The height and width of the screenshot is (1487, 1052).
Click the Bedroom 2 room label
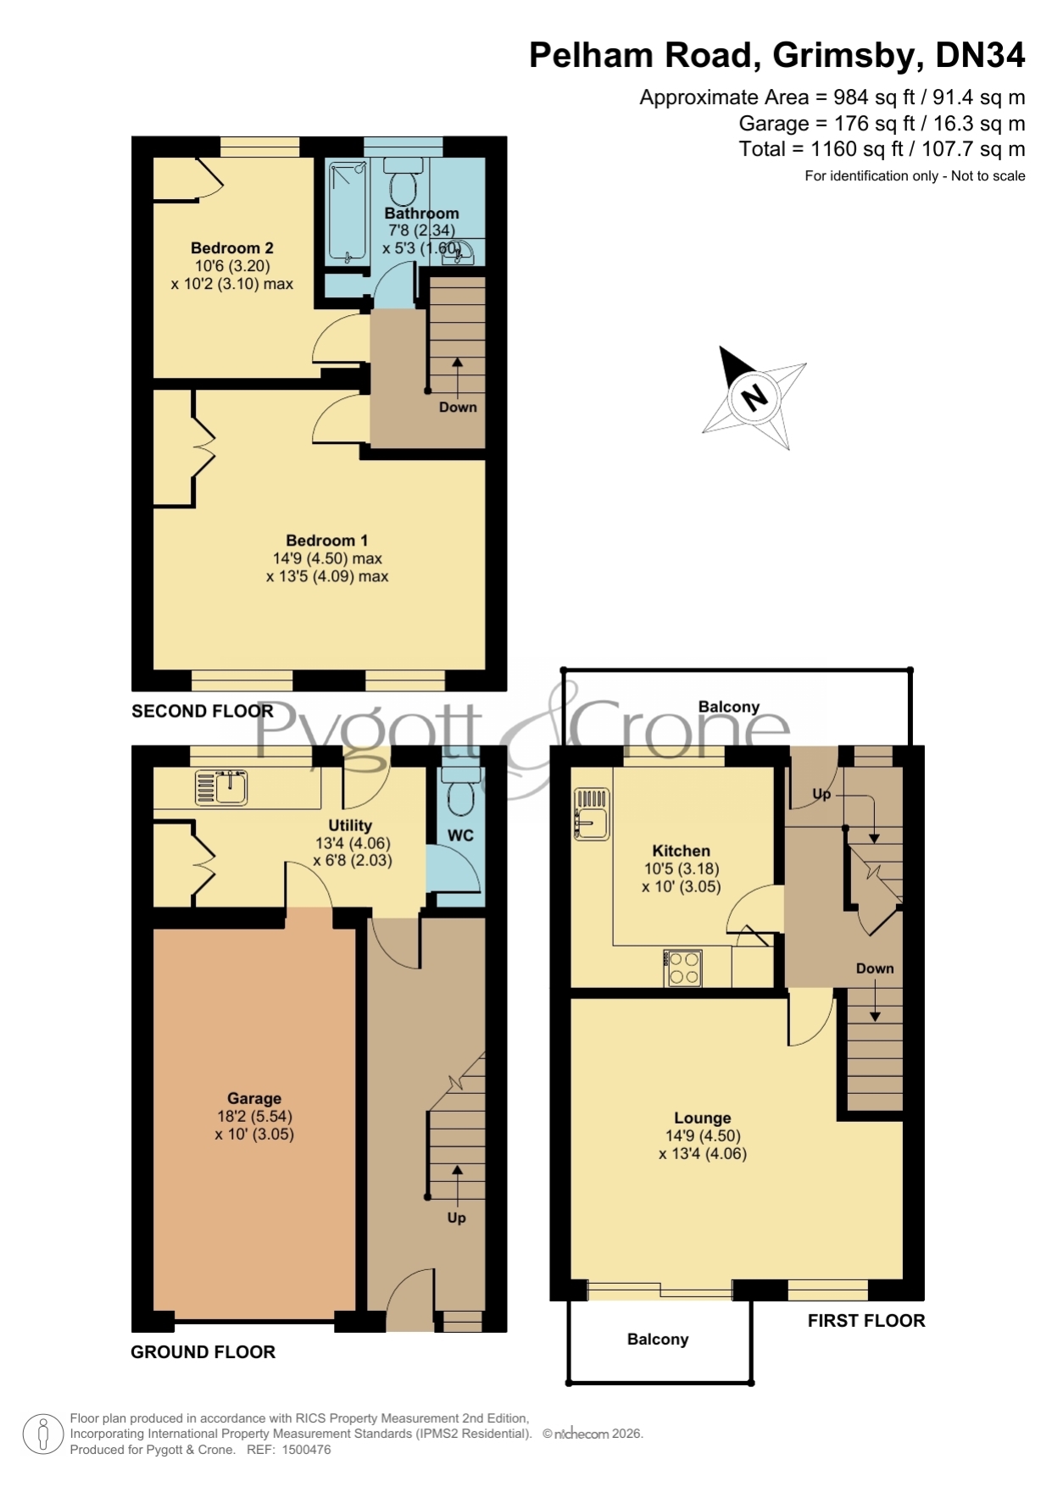(232, 248)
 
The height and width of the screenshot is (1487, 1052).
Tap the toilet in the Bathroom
(404, 180)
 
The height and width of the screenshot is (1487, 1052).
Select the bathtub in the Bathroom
(348, 213)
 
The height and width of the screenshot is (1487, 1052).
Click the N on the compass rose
(754, 396)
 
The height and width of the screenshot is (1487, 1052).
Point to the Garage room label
(254, 1098)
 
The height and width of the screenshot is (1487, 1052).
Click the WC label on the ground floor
(460, 835)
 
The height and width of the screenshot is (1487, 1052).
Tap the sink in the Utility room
(222, 787)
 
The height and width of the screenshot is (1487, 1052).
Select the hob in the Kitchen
(683, 968)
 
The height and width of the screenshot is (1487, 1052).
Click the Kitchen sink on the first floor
(592, 814)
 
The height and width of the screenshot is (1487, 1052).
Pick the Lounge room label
(703, 1118)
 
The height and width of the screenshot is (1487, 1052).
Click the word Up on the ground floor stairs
(456, 1218)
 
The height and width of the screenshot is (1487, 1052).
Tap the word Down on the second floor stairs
(458, 407)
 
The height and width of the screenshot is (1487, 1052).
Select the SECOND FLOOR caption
(203, 711)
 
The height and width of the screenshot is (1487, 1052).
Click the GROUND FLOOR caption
(203, 1352)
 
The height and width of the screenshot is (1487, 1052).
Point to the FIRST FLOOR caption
(866, 1320)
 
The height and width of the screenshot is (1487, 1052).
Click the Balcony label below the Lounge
(658, 1339)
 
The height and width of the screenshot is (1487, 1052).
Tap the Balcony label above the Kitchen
(729, 707)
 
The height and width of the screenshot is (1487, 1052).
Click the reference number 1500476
(305, 1450)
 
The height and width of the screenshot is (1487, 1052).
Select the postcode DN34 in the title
(980, 55)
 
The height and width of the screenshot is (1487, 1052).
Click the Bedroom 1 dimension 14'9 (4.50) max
(327, 558)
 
